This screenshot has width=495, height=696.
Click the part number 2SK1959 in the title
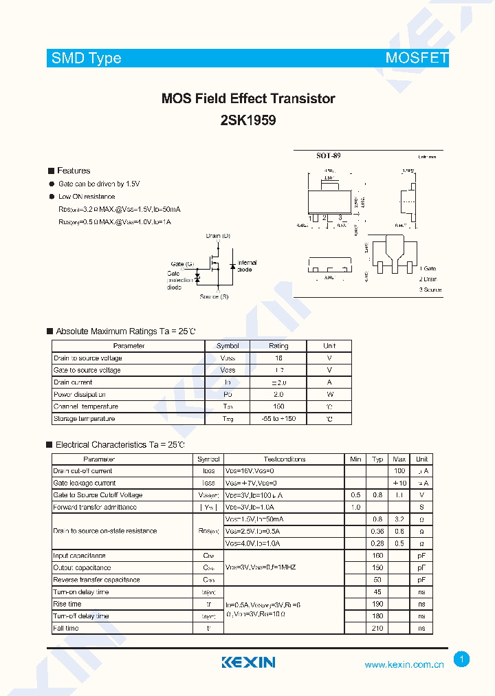click(x=248, y=120)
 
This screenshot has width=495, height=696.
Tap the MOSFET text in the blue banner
click(x=417, y=58)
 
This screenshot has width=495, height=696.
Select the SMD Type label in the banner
click(x=87, y=58)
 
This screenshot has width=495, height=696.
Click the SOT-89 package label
click(x=328, y=156)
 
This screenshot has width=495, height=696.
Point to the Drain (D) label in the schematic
click(x=218, y=236)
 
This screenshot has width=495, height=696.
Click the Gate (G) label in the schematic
click(x=182, y=263)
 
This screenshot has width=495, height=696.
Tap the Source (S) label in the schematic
click(x=214, y=296)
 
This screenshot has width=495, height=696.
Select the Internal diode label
click(x=247, y=265)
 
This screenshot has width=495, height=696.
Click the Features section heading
click(x=73, y=171)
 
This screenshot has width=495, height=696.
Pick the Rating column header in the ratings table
click(x=278, y=346)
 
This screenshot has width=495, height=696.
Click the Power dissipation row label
click(x=80, y=395)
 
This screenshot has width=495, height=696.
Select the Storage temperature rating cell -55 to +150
click(x=278, y=419)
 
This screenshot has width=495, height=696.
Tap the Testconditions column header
click(x=284, y=459)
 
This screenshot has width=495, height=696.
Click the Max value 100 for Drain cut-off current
click(x=399, y=471)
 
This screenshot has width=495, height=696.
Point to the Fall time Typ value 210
click(x=377, y=628)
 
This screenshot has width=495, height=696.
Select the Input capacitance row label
click(x=79, y=555)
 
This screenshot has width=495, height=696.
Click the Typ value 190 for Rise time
click(x=377, y=604)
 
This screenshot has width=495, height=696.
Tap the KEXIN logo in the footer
click(x=248, y=662)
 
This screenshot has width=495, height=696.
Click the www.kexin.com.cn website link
click(x=404, y=664)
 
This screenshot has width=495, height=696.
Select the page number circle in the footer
click(x=462, y=660)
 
